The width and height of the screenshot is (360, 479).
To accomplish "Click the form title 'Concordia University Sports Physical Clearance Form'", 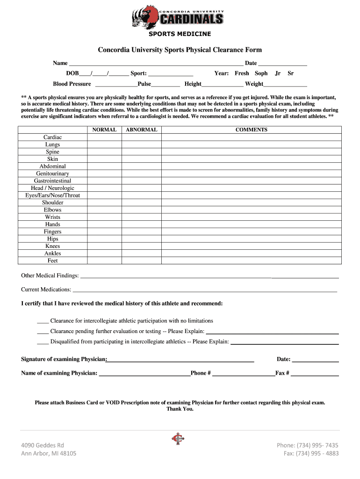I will pyautogui.click(x=180, y=50).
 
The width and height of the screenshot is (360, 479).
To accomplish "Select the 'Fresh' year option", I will pyautogui.click(x=242, y=73).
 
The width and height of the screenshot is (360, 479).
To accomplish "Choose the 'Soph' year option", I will pyautogui.click(x=261, y=73).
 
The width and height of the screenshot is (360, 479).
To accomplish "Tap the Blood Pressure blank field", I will pyautogui.click(x=116, y=84).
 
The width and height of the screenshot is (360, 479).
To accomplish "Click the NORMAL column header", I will pyautogui.click(x=104, y=130).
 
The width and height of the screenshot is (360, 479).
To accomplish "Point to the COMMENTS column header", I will pyautogui.click(x=251, y=130).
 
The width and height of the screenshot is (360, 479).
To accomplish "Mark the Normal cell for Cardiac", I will pyautogui.click(x=104, y=138).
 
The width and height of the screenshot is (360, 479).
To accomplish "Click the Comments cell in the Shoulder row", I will pyautogui.click(x=251, y=203).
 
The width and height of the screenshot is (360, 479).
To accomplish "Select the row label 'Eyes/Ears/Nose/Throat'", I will pyautogui.click(x=52, y=196).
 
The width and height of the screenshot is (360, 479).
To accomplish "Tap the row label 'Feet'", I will pyautogui.click(x=52, y=261).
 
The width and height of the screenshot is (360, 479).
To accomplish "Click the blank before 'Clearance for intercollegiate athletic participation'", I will pyautogui.click(x=43, y=321).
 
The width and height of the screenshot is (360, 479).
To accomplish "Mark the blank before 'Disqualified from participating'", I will pyautogui.click(x=43, y=342).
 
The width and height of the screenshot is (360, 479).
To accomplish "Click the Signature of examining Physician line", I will pyautogui.click(x=180, y=360).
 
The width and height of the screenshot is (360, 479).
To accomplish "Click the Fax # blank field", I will pyautogui.click(x=315, y=373).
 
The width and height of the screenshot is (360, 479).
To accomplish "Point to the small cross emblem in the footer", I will pyautogui.click(x=176, y=438).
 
